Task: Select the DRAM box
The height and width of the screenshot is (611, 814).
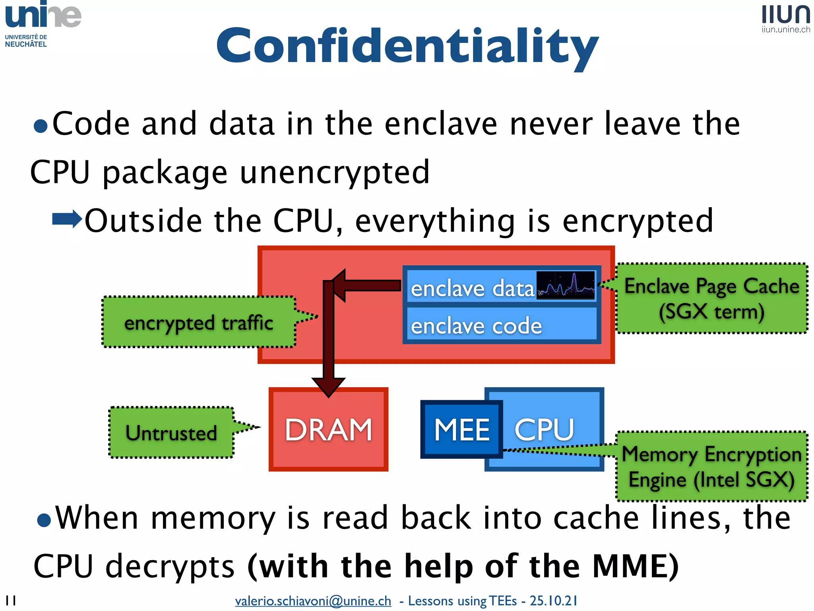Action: (328, 430)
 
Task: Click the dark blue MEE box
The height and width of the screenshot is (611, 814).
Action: (461, 430)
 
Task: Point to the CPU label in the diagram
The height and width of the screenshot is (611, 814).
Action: (545, 430)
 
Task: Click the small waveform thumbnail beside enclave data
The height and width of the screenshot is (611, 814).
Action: (565, 285)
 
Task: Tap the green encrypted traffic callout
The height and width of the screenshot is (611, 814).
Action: (199, 322)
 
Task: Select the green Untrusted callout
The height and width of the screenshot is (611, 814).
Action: (171, 432)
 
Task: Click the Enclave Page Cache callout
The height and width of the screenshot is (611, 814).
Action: (711, 298)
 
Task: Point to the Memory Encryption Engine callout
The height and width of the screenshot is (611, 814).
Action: (711, 467)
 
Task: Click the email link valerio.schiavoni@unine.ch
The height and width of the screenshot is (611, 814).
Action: (313, 601)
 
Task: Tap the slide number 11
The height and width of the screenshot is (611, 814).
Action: (11, 600)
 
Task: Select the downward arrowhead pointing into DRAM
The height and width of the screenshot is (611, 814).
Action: (328, 386)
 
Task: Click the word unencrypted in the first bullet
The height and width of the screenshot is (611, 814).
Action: (335, 173)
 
